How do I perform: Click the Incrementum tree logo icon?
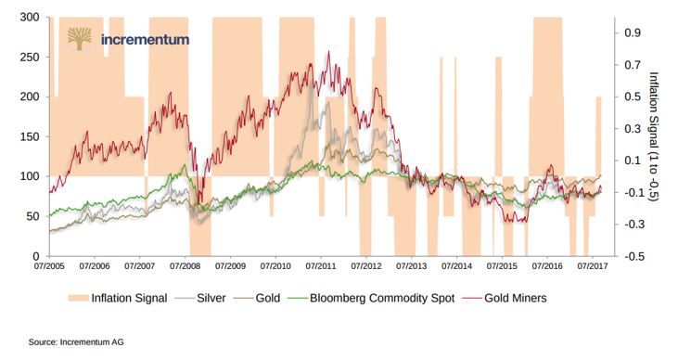coord(80,38)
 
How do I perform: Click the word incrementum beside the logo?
coord(146,39)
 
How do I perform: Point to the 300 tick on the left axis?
coord(29,18)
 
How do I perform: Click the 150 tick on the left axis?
coord(29,136)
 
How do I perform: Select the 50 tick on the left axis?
coord(32,216)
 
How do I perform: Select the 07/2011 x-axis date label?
coord(320,266)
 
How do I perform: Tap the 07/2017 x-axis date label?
coord(593,266)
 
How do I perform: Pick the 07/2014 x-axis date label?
coord(456,266)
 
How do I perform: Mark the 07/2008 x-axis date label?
coord(184,266)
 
